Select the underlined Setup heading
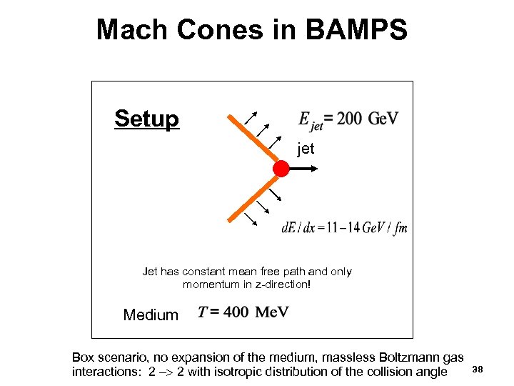146,119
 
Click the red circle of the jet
281,169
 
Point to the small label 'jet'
306,150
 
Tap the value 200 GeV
367,118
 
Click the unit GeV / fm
384,227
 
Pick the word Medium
151,315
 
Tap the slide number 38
478,369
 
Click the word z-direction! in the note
278,284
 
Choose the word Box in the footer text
83,357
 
